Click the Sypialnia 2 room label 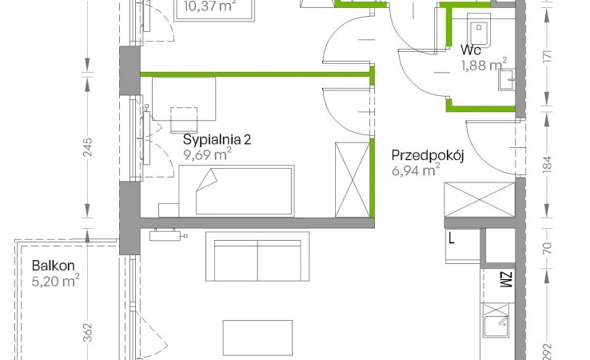tap(217, 140)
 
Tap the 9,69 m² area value tap(207, 154)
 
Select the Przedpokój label tap(428, 155)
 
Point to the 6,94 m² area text tap(416, 170)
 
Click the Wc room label tap(470, 50)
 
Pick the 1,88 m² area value tap(484, 65)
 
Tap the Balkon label tap(53, 266)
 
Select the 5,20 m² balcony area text tap(55, 281)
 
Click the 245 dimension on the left tap(87, 148)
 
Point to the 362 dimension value tap(87, 333)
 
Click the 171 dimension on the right tap(548, 57)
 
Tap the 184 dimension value tap(548, 165)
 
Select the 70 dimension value tap(548, 248)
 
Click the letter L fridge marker tap(451, 238)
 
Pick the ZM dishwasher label tap(507, 280)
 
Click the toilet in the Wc tap(479, 28)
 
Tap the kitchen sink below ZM tap(496, 320)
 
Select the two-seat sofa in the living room tap(257, 257)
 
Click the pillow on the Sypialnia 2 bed tap(208, 180)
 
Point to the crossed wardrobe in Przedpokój tap(480, 199)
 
